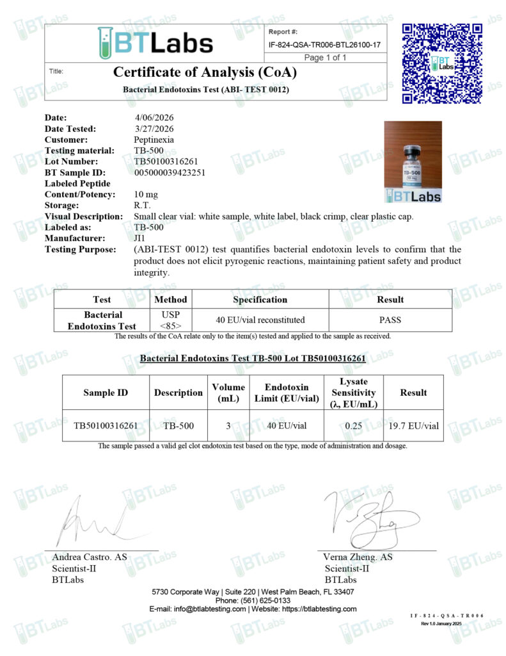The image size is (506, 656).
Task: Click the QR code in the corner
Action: click(x=441, y=63)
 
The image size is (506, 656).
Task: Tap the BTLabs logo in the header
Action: click(x=155, y=43)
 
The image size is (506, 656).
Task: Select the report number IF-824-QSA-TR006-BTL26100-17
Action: click(x=325, y=44)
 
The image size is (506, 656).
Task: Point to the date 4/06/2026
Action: click(x=154, y=118)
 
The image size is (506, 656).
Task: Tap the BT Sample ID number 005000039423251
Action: click(x=170, y=172)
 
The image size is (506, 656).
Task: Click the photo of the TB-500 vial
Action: click(x=413, y=161)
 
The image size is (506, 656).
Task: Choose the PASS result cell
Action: click(x=390, y=320)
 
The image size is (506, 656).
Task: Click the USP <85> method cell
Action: click(x=171, y=320)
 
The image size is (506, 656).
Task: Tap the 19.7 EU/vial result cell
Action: click(x=413, y=425)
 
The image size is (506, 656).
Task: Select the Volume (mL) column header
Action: click(x=228, y=393)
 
